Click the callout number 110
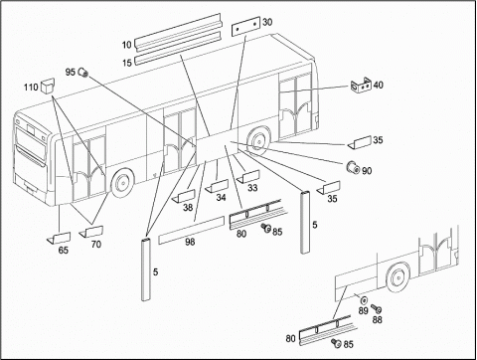31,88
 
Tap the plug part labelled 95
82,72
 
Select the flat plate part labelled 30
245,27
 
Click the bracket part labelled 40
361,86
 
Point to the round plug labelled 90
353,168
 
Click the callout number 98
190,242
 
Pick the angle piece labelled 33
248,176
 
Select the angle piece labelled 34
217,186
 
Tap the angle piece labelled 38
184,197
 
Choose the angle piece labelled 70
91,232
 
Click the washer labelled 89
364,300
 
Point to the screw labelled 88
376,309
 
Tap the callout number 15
127,63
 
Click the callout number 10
127,45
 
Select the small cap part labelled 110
48,86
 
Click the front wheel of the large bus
121,183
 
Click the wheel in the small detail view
397,277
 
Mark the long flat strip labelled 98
192,231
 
